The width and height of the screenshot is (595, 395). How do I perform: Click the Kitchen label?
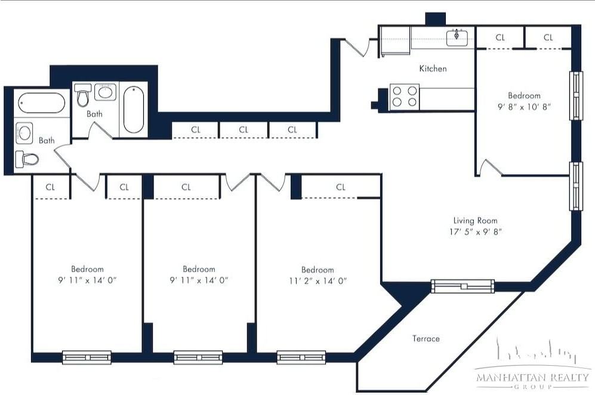[433, 69]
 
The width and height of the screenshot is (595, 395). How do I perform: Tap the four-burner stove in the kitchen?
[405, 97]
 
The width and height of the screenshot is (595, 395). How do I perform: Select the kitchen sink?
[457, 37]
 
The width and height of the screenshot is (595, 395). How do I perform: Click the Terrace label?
[426, 338]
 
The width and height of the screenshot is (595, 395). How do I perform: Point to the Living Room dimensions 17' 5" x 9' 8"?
[476, 232]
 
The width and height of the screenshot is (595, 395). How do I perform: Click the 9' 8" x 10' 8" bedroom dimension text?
[524, 107]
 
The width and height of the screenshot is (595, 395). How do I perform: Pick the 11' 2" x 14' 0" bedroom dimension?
[317, 281]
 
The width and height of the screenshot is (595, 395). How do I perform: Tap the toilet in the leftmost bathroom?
[27, 159]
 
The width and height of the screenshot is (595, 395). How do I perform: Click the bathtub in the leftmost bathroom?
[41, 103]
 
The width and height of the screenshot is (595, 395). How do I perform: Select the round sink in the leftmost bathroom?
[24, 133]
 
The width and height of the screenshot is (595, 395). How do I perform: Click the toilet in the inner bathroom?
[82, 95]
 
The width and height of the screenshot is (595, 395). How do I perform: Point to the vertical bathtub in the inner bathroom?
[134, 109]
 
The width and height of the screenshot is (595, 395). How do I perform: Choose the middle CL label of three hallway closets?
[243, 129]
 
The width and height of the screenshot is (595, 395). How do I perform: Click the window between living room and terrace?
[463, 286]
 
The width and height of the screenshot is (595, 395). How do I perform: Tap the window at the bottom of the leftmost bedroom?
[87, 357]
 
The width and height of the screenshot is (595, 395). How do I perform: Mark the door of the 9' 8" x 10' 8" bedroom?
[490, 167]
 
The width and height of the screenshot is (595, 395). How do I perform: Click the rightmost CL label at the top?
[548, 38]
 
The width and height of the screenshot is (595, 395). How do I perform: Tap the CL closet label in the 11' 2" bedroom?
[341, 187]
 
